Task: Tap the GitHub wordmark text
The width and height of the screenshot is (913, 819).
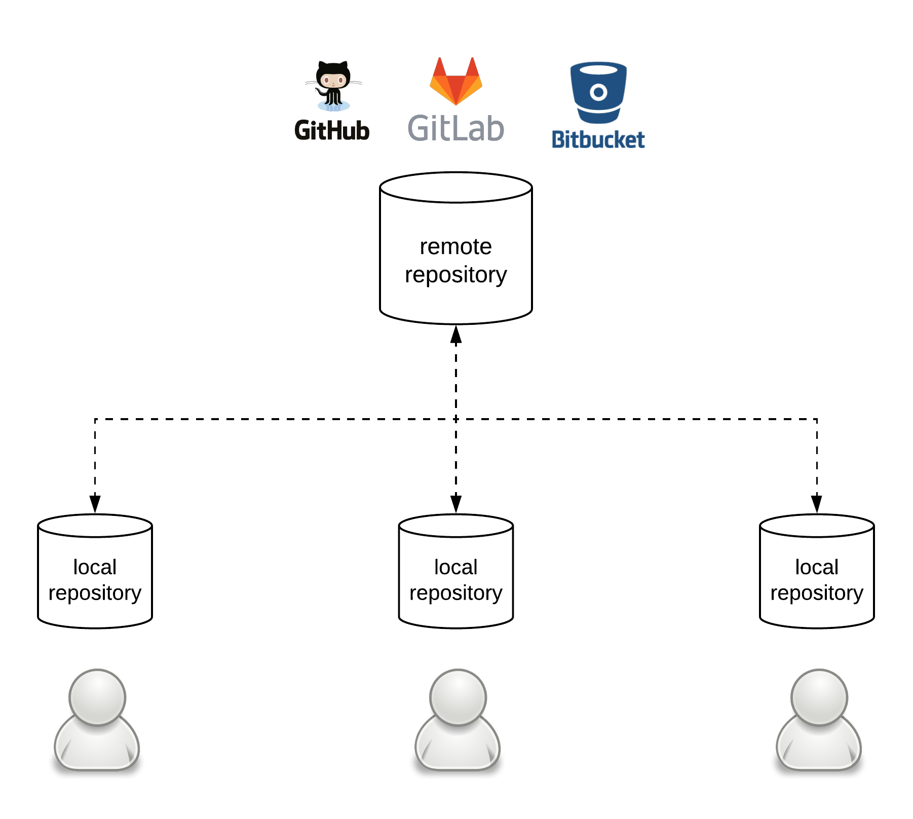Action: click(332, 131)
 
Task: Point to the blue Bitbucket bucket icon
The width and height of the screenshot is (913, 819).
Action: click(598, 93)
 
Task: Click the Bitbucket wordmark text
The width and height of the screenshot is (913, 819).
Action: click(598, 140)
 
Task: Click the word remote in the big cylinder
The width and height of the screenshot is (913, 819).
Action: click(455, 247)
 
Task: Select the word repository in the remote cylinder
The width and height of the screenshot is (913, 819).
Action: click(455, 275)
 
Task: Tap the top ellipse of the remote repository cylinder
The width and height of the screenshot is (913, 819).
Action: click(455, 188)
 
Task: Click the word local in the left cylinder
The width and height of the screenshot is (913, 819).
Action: click(95, 567)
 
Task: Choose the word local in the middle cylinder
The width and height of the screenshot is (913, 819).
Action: click(455, 567)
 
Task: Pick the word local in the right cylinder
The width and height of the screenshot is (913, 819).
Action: click(817, 567)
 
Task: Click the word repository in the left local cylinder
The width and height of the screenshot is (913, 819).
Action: click(95, 593)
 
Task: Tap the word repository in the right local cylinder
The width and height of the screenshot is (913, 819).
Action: click(817, 593)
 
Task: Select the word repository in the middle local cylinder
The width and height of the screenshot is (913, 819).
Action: click(455, 593)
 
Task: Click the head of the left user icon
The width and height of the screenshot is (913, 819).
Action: click(97, 696)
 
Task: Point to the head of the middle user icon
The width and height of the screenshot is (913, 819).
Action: click(458, 696)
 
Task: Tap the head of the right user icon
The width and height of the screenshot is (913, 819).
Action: click(819, 696)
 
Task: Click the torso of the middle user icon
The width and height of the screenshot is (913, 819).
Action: click(458, 748)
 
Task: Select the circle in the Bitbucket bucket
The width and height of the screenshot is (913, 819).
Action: click(598, 92)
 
